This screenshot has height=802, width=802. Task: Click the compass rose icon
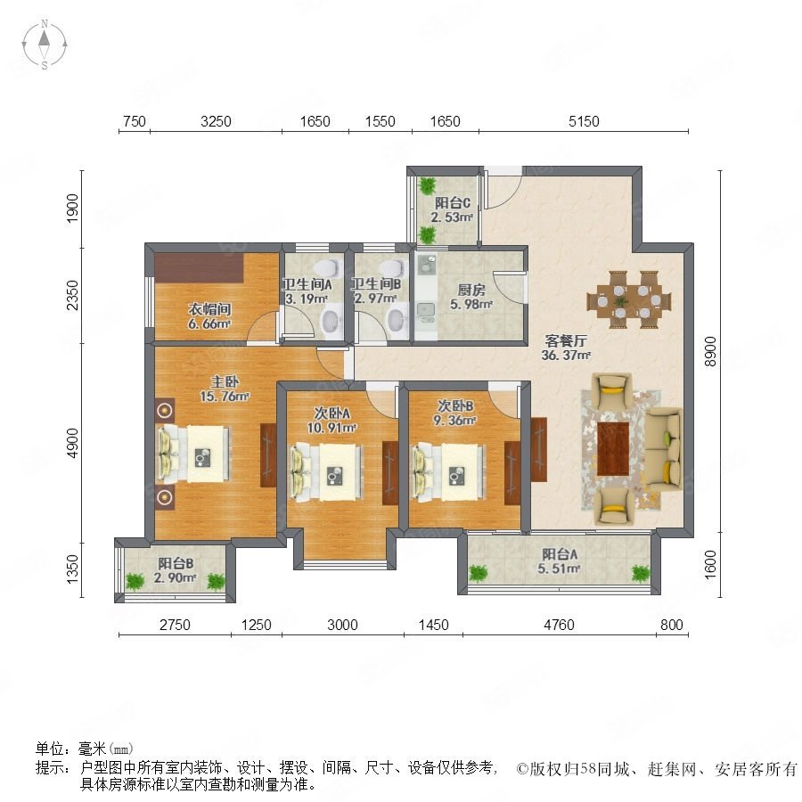point(45,45)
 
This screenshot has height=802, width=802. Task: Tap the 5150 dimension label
point(584,122)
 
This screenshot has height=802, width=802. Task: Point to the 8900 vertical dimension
point(710,351)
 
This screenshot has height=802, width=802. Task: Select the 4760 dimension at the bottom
point(559,625)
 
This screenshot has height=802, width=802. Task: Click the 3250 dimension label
point(216,122)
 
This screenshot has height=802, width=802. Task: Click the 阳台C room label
point(453,203)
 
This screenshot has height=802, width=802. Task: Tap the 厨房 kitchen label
point(471,290)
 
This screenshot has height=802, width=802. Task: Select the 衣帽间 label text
point(209,309)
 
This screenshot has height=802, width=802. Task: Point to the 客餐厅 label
point(566,340)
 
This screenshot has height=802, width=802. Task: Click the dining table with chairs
point(629,299)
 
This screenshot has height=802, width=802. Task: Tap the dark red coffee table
point(613,449)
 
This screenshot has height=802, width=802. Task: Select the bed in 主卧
point(193,454)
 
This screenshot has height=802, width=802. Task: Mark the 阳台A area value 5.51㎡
point(559,569)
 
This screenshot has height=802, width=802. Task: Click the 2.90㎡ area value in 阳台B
point(176,578)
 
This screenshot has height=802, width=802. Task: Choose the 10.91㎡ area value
point(331,428)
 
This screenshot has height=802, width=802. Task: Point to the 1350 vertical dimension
point(73,569)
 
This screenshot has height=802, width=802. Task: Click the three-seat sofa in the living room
point(663,449)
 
